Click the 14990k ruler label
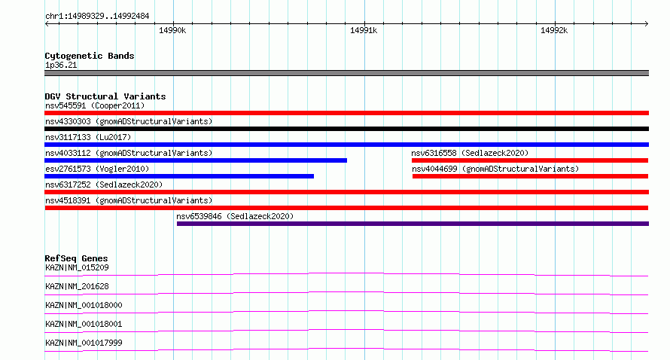172,30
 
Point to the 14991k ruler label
363,30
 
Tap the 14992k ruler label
554,30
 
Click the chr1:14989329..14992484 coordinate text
97,17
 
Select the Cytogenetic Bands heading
90,56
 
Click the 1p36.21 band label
61,66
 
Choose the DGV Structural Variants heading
105,96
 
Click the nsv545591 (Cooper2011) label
95,105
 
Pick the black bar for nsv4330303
346,129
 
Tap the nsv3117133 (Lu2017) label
88,137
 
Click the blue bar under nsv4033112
196,160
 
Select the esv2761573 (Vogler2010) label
97,169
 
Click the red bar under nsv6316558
530,160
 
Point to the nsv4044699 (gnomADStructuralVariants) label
495,169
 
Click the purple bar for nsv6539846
413,224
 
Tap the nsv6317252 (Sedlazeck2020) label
104,185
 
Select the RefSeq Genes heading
76,258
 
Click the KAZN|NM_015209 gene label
77,268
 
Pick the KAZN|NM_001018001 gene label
84,324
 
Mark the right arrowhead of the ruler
647,23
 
